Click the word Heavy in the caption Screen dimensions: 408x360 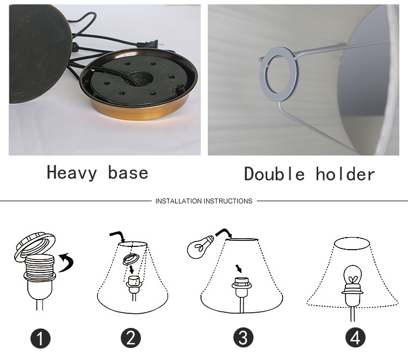[x=72, y=173]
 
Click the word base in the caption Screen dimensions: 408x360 [x=128, y=173]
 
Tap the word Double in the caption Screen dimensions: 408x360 [x=274, y=174]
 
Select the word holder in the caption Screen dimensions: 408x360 [x=345, y=174]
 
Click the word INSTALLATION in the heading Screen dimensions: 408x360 [x=178, y=201]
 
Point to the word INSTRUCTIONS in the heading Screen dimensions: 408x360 [x=228, y=201]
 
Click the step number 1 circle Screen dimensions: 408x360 [x=40, y=338]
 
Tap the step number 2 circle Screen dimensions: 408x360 [x=131, y=338]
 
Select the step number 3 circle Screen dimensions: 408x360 [x=243, y=337]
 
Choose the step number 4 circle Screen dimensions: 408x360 [x=355, y=337]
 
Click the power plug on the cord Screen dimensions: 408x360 [x=149, y=44]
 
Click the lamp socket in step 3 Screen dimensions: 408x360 [x=242, y=287]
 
